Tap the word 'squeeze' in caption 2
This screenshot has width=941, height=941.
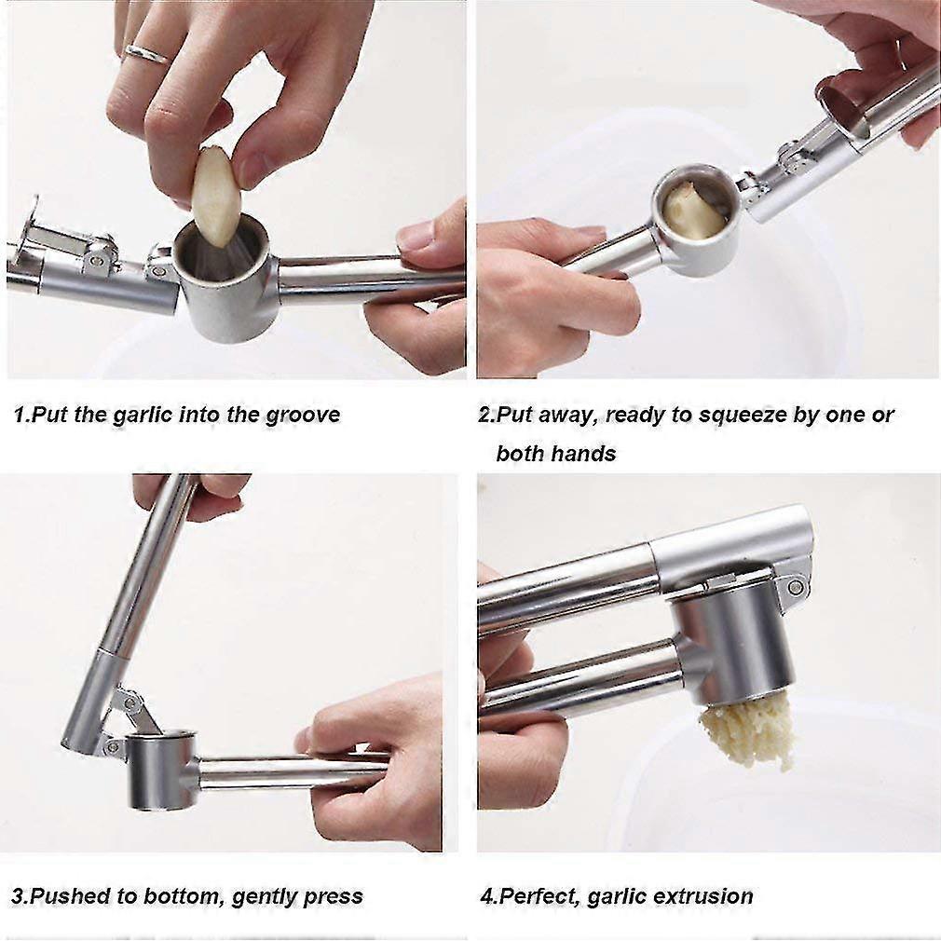(x=742, y=415)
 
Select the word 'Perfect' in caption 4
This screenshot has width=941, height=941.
(x=535, y=896)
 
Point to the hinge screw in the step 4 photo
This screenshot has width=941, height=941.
(x=795, y=585)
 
